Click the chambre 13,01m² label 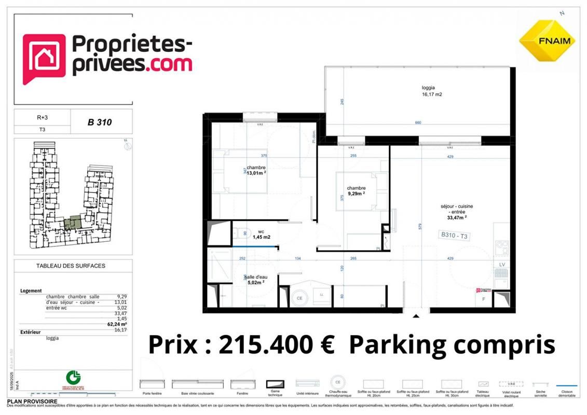(256, 171)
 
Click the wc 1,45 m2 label (261, 234)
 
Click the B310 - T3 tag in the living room (454, 236)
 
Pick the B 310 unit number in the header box (100, 123)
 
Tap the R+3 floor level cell (42, 118)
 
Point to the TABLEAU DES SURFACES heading (71, 266)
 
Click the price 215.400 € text (241, 344)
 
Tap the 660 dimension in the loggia (418, 123)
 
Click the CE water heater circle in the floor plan (299, 298)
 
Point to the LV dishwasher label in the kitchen (502, 264)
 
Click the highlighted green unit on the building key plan (73, 223)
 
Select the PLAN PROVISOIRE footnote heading (32, 402)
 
